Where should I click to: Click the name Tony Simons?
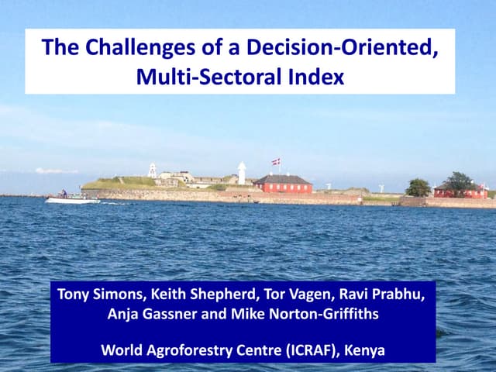click(x=94, y=294)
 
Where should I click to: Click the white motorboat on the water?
click(x=71, y=199)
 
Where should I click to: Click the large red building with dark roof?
click(x=283, y=184)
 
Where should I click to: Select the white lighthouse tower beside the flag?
click(x=242, y=173)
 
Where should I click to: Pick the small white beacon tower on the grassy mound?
click(x=153, y=170)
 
